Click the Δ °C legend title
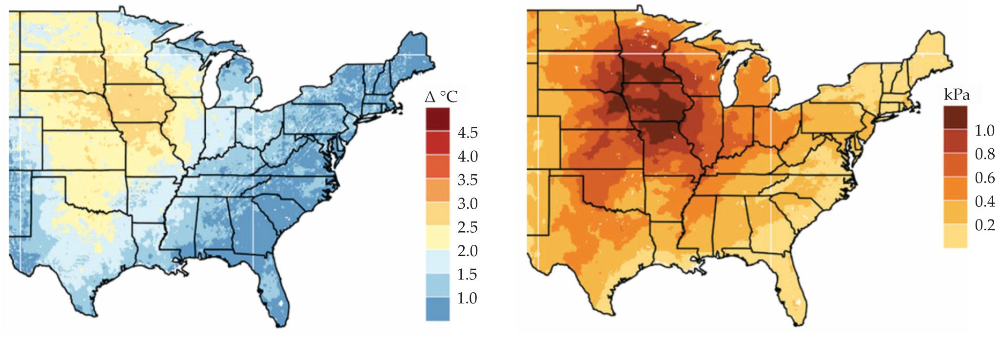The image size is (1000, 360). coord(441,97)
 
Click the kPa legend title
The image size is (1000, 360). coord(957,95)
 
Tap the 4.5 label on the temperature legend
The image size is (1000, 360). coord(468,133)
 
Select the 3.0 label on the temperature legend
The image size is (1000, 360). coord(468,203)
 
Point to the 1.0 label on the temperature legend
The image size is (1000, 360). coord(468,298)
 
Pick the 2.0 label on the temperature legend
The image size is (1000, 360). coord(468,251)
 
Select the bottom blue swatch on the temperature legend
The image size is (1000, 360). coord(437,309)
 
